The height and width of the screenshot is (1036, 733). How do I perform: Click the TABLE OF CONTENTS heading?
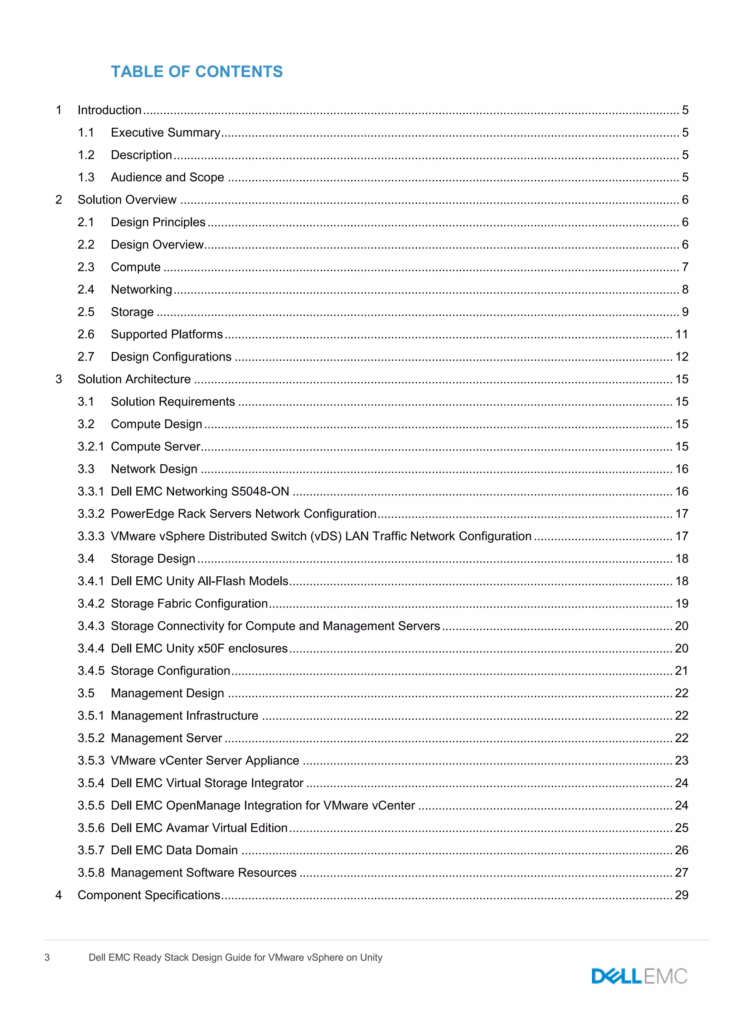pos(197,72)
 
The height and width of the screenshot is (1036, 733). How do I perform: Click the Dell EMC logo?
pos(639,976)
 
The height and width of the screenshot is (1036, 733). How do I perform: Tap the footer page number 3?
pos(47,957)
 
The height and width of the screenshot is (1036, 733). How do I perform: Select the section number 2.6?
pos(86,334)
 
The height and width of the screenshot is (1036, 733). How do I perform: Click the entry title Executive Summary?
pos(166,133)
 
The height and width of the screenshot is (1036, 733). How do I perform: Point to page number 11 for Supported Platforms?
pos(681,334)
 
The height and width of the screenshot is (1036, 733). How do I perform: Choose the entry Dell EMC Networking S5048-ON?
pos(200,492)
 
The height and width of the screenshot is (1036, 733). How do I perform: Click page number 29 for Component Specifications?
pos(681,895)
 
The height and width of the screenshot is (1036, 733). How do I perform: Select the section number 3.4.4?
pos(91,649)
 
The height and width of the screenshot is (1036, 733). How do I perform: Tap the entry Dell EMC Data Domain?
pos(174,850)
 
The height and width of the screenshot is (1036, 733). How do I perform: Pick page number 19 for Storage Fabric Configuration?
pos(681,604)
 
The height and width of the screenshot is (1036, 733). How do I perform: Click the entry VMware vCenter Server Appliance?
pos(205,761)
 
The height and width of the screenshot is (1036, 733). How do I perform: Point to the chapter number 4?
pos(59,895)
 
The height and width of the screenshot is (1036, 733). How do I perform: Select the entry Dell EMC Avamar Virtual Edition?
pos(199,828)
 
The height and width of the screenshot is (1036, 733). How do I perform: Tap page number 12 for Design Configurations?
pos(681,357)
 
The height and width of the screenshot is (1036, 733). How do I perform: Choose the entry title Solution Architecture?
pos(134,380)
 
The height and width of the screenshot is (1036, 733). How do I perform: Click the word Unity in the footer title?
pos(371,957)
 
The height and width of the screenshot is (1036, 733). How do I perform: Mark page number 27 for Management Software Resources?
pos(681,873)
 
